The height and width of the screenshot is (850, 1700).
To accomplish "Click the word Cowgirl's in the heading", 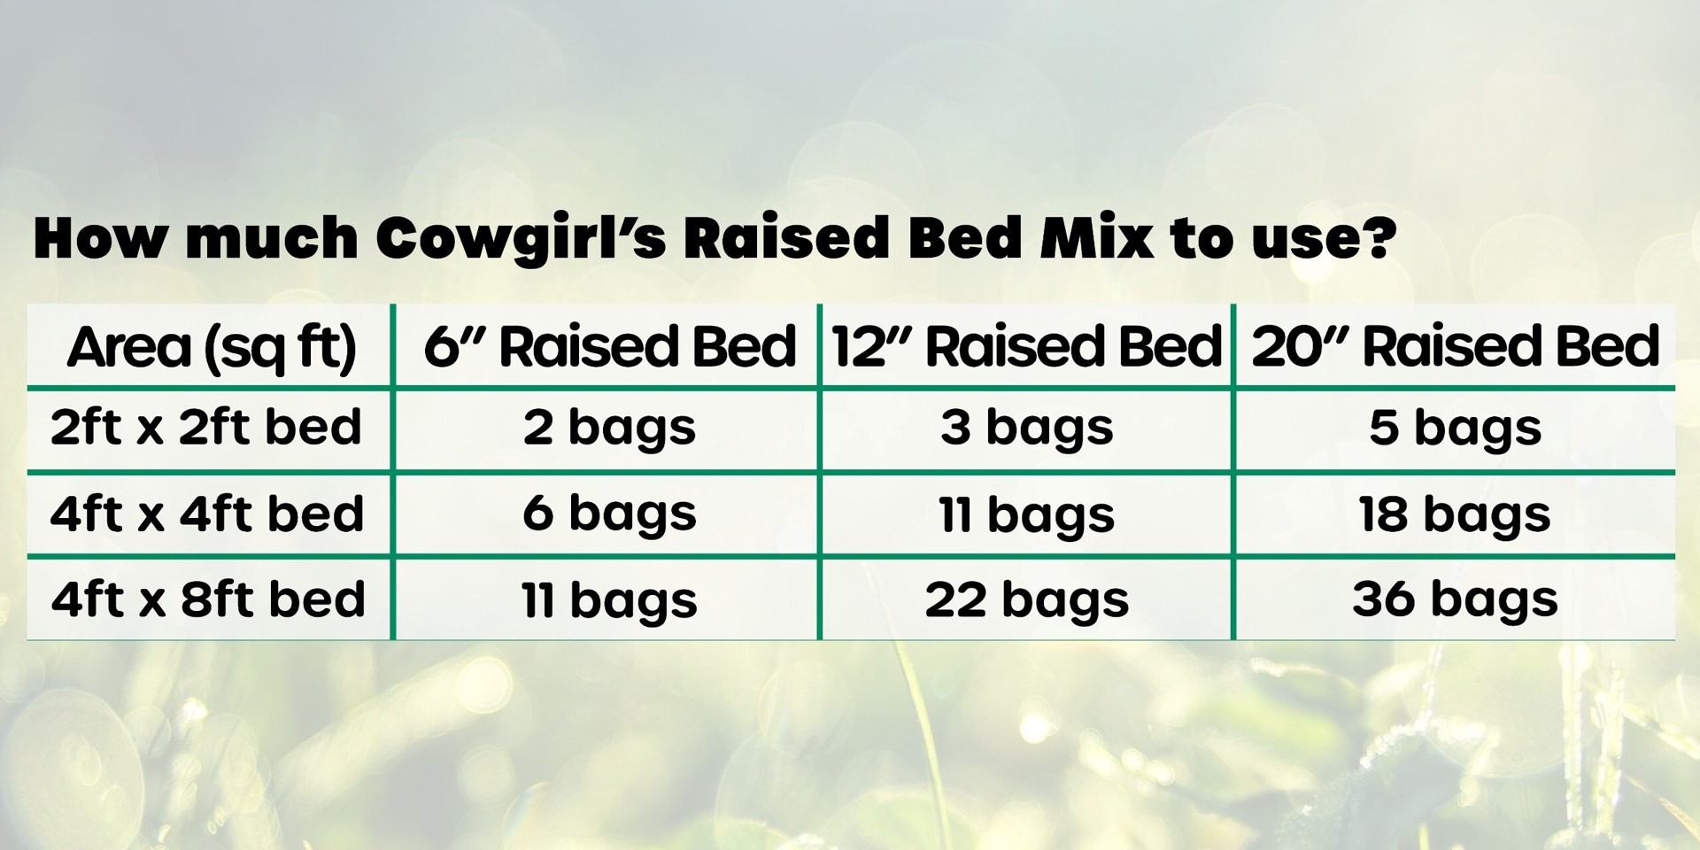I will pyautogui.click(x=521, y=239).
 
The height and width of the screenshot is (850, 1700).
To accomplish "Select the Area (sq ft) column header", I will pyautogui.click(x=212, y=346).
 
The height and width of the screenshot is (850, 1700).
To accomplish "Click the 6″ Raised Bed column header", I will pyautogui.click(x=609, y=346).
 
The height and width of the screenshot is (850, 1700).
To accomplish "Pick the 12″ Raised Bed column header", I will pyautogui.click(x=1027, y=346).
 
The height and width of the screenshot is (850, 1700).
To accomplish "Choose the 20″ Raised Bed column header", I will pyautogui.click(x=1455, y=346).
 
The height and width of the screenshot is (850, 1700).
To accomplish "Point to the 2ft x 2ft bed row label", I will pyautogui.click(x=206, y=428).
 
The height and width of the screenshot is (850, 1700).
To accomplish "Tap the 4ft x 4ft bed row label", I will pyautogui.click(x=207, y=514).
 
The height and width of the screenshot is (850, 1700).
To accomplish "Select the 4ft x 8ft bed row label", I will pyautogui.click(x=208, y=599).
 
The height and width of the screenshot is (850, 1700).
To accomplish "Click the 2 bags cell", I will pyautogui.click(x=609, y=429).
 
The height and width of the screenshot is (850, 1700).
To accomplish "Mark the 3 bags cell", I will pyautogui.click(x=1027, y=429).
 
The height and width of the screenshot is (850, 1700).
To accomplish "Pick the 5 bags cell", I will pyautogui.click(x=1455, y=429).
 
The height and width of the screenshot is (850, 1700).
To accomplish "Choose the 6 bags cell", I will pyautogui.click(x=609, y=514).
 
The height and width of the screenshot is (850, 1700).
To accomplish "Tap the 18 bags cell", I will pyautogui.click(x=1455, y=514).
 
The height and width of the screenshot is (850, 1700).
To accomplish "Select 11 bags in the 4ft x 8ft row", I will pyautogui.click(x=609, y=600).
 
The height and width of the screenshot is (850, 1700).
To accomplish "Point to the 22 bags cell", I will pyautogui.click(x=1027, y=600).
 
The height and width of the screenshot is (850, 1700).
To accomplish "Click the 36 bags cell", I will pyautogui.click(x=1455, y=599).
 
